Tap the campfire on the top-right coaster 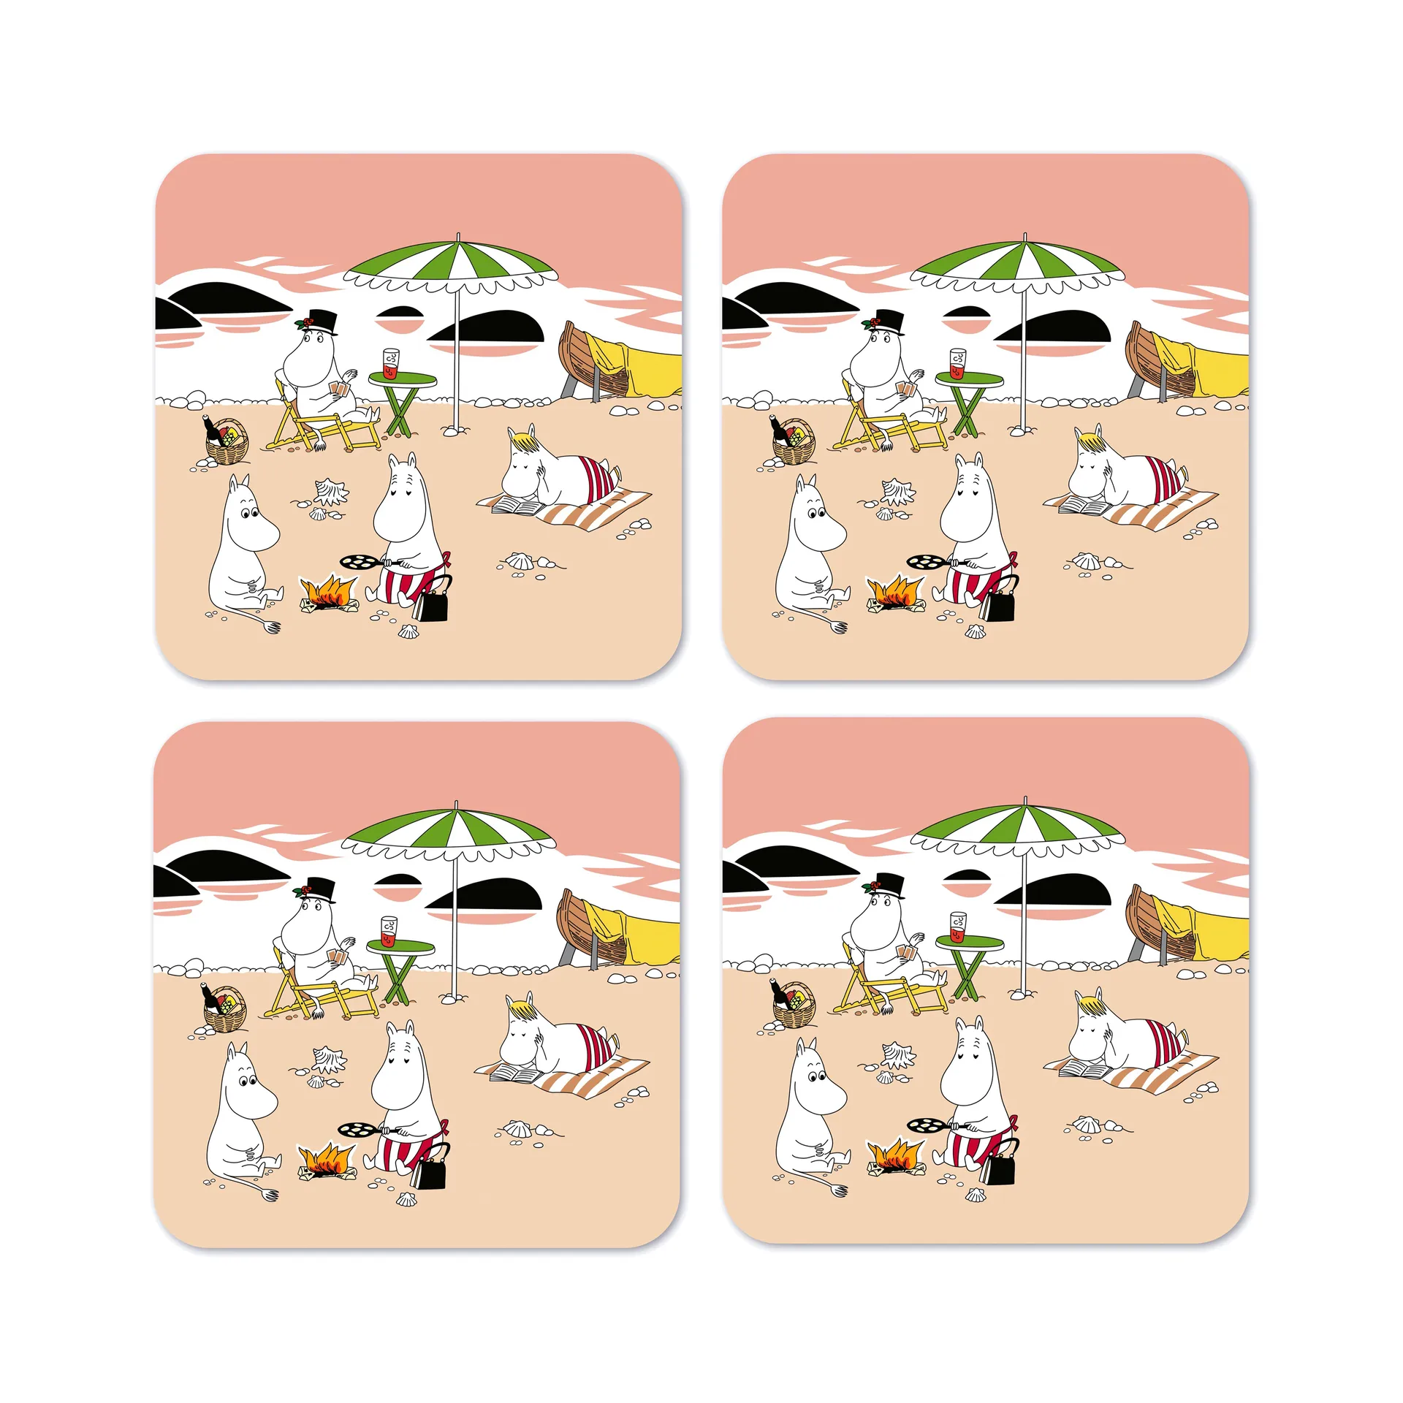tap(894, 591)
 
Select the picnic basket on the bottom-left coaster tap(224, 1011)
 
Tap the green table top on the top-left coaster tap(402, 379)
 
